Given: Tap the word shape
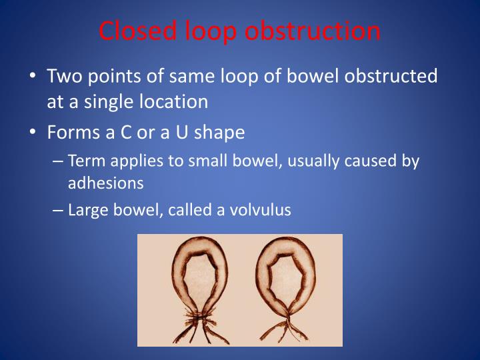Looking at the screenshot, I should [221, 132].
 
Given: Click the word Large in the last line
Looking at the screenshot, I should [85, 210].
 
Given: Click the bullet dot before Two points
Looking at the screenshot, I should [33, 77].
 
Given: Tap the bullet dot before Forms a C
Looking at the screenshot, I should [33, 133].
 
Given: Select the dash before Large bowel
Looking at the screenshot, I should [58, 210].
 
